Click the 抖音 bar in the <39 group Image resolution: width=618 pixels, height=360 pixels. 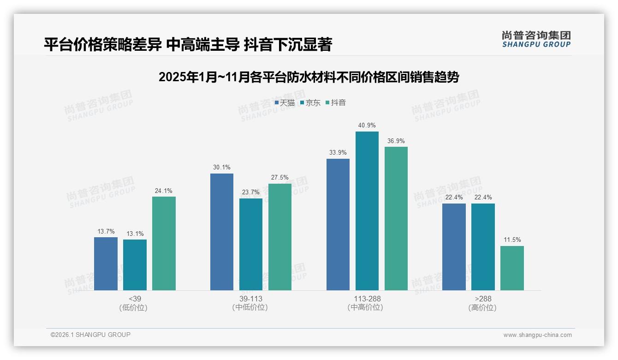(164, 243)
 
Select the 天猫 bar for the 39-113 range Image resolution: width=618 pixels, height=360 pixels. (222, 232)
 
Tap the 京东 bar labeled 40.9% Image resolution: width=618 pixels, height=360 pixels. (367, 211)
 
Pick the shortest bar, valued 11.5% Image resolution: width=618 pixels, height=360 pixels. (512, 268)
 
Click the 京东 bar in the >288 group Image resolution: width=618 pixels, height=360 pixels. (483, 246)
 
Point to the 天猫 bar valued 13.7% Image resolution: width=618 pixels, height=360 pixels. (106, 264)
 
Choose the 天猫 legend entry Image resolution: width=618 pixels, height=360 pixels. (285, 103)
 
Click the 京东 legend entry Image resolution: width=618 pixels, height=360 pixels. (310, 103)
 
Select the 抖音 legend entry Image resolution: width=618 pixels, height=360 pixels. (336, 103)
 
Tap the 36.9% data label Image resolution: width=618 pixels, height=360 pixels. (396, 141)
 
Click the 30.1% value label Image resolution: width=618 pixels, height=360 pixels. (222, 168)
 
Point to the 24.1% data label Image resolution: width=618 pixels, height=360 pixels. (164, 191)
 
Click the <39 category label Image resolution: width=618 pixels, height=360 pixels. (135, 299)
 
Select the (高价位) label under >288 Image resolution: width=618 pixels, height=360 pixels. (482, 307)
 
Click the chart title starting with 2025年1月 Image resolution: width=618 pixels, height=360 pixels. (309, 77)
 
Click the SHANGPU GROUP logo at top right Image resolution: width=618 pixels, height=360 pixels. (536, 39)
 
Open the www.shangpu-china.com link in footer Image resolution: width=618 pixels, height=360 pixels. (537, 335)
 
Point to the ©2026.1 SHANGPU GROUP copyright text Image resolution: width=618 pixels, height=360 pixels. (90, 335)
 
